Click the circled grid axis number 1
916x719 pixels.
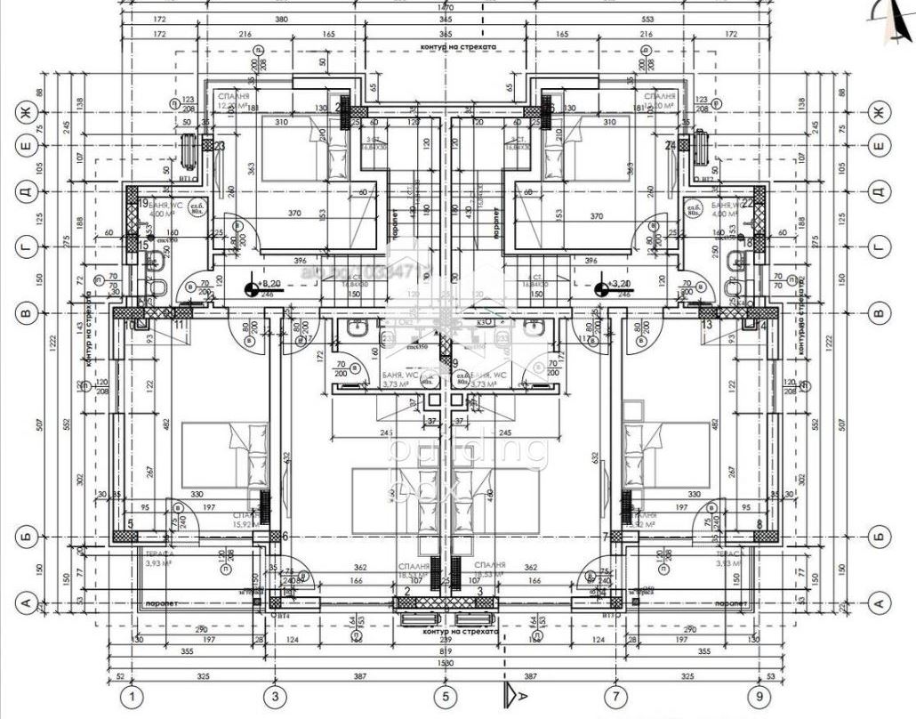click(x=133, y=697)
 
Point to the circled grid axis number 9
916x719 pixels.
click(x=759, y=697)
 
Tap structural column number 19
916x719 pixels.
click(x=143, y=204)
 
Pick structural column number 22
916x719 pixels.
click(x=749, y=204)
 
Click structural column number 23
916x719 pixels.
click(x=219, y=145)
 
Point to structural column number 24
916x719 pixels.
click(x=671, y=145)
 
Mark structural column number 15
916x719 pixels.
click(x=143, y=246)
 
